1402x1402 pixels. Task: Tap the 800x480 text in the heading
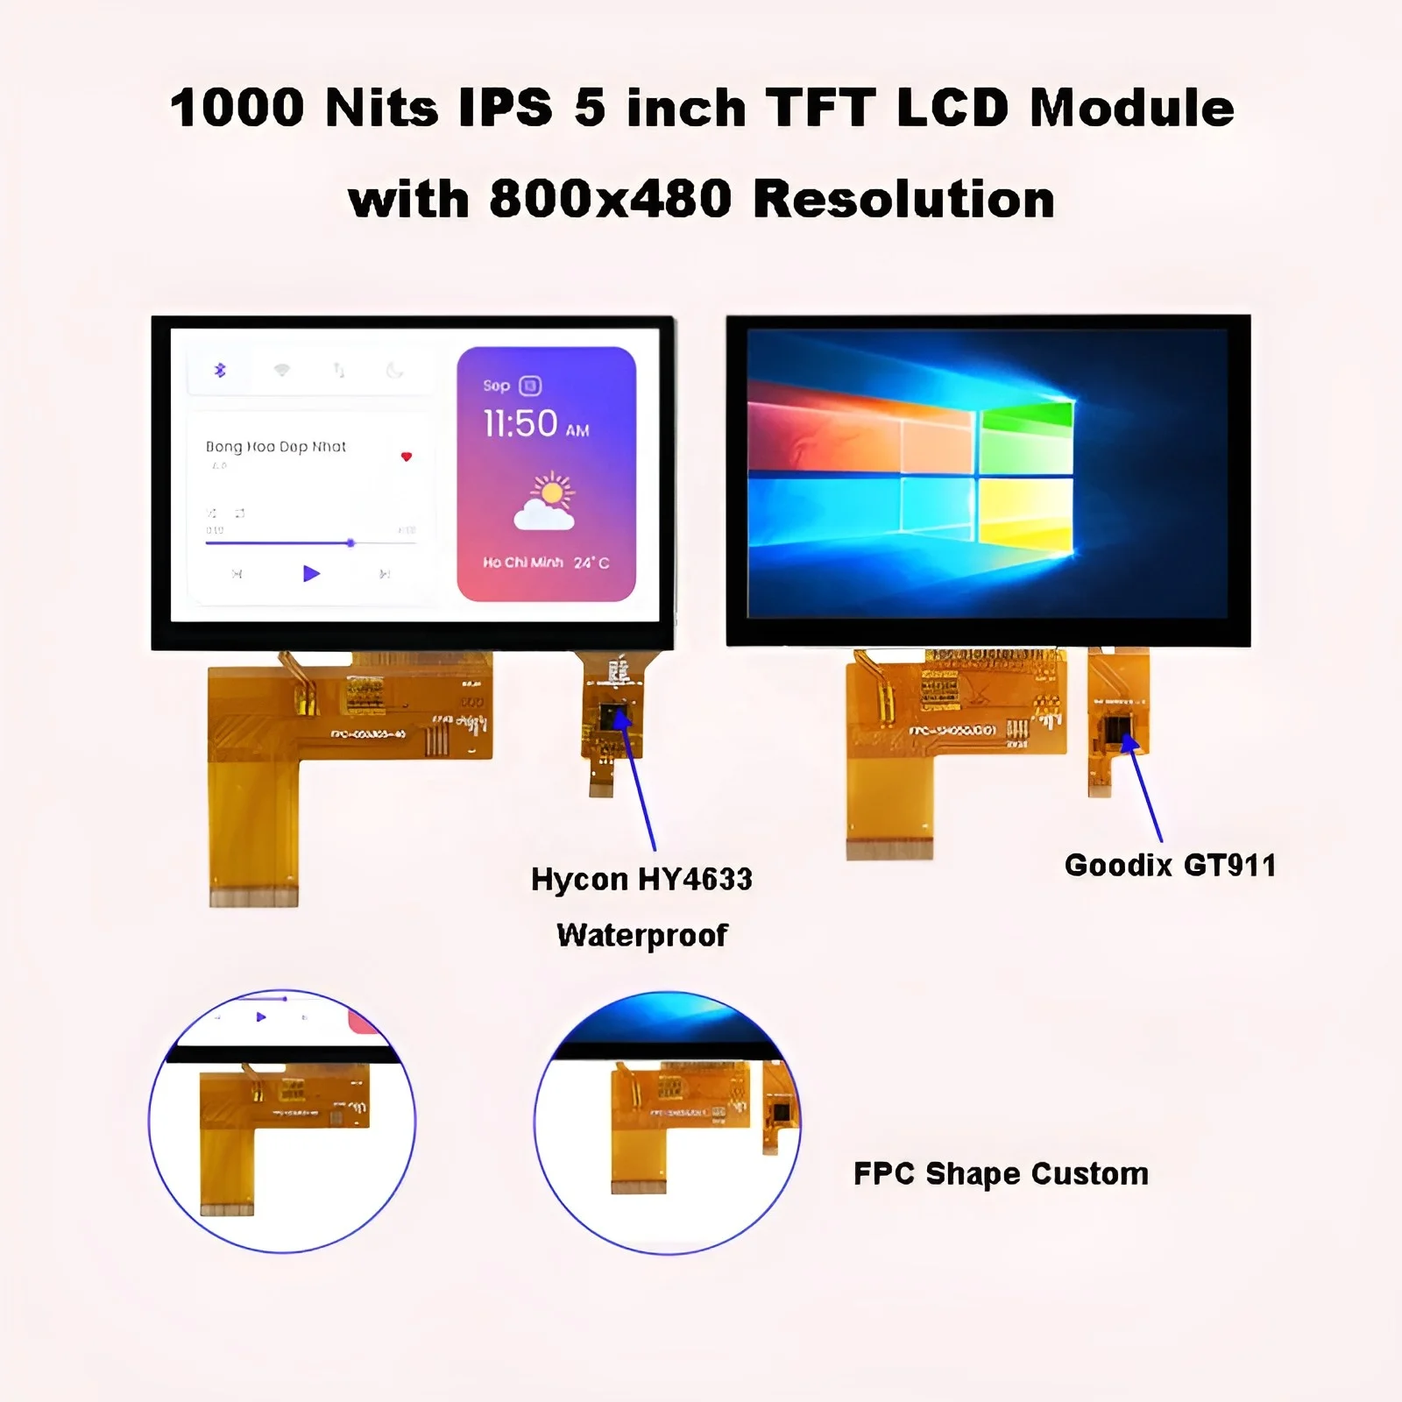(610, 199)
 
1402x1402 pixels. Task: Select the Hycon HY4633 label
(641, 879)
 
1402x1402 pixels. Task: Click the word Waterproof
(641, 935)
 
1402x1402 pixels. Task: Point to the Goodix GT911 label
(1170, 866)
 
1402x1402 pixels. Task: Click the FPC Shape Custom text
(1001, 1173)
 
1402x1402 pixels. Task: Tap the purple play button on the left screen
(311, 574)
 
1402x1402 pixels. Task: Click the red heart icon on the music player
(406, 457)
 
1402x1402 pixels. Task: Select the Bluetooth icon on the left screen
(220, 371)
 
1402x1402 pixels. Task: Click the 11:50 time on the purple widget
(521, 424)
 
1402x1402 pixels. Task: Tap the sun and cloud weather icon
(546, 502)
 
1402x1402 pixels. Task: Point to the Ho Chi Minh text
(523, 563)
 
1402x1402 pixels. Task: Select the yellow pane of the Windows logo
(1026, 516)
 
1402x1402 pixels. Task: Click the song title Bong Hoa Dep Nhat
(276, 447)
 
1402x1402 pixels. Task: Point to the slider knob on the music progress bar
(350, 543)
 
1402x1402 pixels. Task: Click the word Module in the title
(1131, 109)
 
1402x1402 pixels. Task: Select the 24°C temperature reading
(591, 563)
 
